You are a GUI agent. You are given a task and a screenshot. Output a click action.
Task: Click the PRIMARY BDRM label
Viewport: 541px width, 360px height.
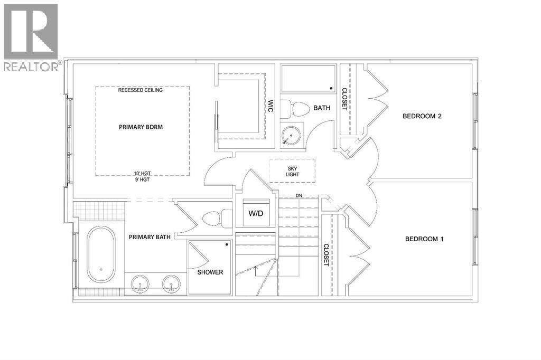[x=141, y=127]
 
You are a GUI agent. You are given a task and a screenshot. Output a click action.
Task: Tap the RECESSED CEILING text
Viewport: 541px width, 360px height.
[x=141, y=90]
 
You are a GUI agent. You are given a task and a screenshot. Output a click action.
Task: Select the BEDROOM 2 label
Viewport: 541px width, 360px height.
[x=422, y=116]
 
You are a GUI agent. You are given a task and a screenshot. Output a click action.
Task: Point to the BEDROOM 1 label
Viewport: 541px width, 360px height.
[x=424, y=239]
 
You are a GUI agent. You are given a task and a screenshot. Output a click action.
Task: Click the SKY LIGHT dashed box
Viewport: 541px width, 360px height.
[x=292, y=171]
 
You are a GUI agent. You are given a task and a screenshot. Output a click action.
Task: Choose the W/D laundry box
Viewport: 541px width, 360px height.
[x=256, y=213]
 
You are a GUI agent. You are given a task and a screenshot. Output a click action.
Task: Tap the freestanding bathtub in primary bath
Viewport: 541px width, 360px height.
[x=101, y=254]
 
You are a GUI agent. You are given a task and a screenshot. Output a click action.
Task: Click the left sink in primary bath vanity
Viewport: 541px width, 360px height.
[x=140, y=283]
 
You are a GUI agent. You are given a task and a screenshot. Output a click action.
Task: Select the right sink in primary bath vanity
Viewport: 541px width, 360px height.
[x=172, y=283]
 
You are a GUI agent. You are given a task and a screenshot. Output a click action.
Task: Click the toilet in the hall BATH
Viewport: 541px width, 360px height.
[x=296, y=109]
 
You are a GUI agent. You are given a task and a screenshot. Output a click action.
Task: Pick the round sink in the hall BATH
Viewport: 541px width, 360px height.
[x=291, y=135]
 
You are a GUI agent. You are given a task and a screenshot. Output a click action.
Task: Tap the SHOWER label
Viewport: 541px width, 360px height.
[x=210, y=272]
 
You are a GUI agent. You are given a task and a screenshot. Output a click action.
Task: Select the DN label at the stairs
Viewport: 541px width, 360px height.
[x=299, y=196]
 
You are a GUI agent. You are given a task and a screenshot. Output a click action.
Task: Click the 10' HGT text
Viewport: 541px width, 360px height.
[x=142, y=174]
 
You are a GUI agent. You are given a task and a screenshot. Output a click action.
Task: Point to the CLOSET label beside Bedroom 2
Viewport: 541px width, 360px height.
[x=344, y=99]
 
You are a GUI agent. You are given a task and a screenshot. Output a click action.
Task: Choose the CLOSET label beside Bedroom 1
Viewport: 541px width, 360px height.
[x=326, y=255]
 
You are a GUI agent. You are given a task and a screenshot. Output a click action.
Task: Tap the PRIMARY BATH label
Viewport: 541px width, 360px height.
[x=150, y=237]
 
